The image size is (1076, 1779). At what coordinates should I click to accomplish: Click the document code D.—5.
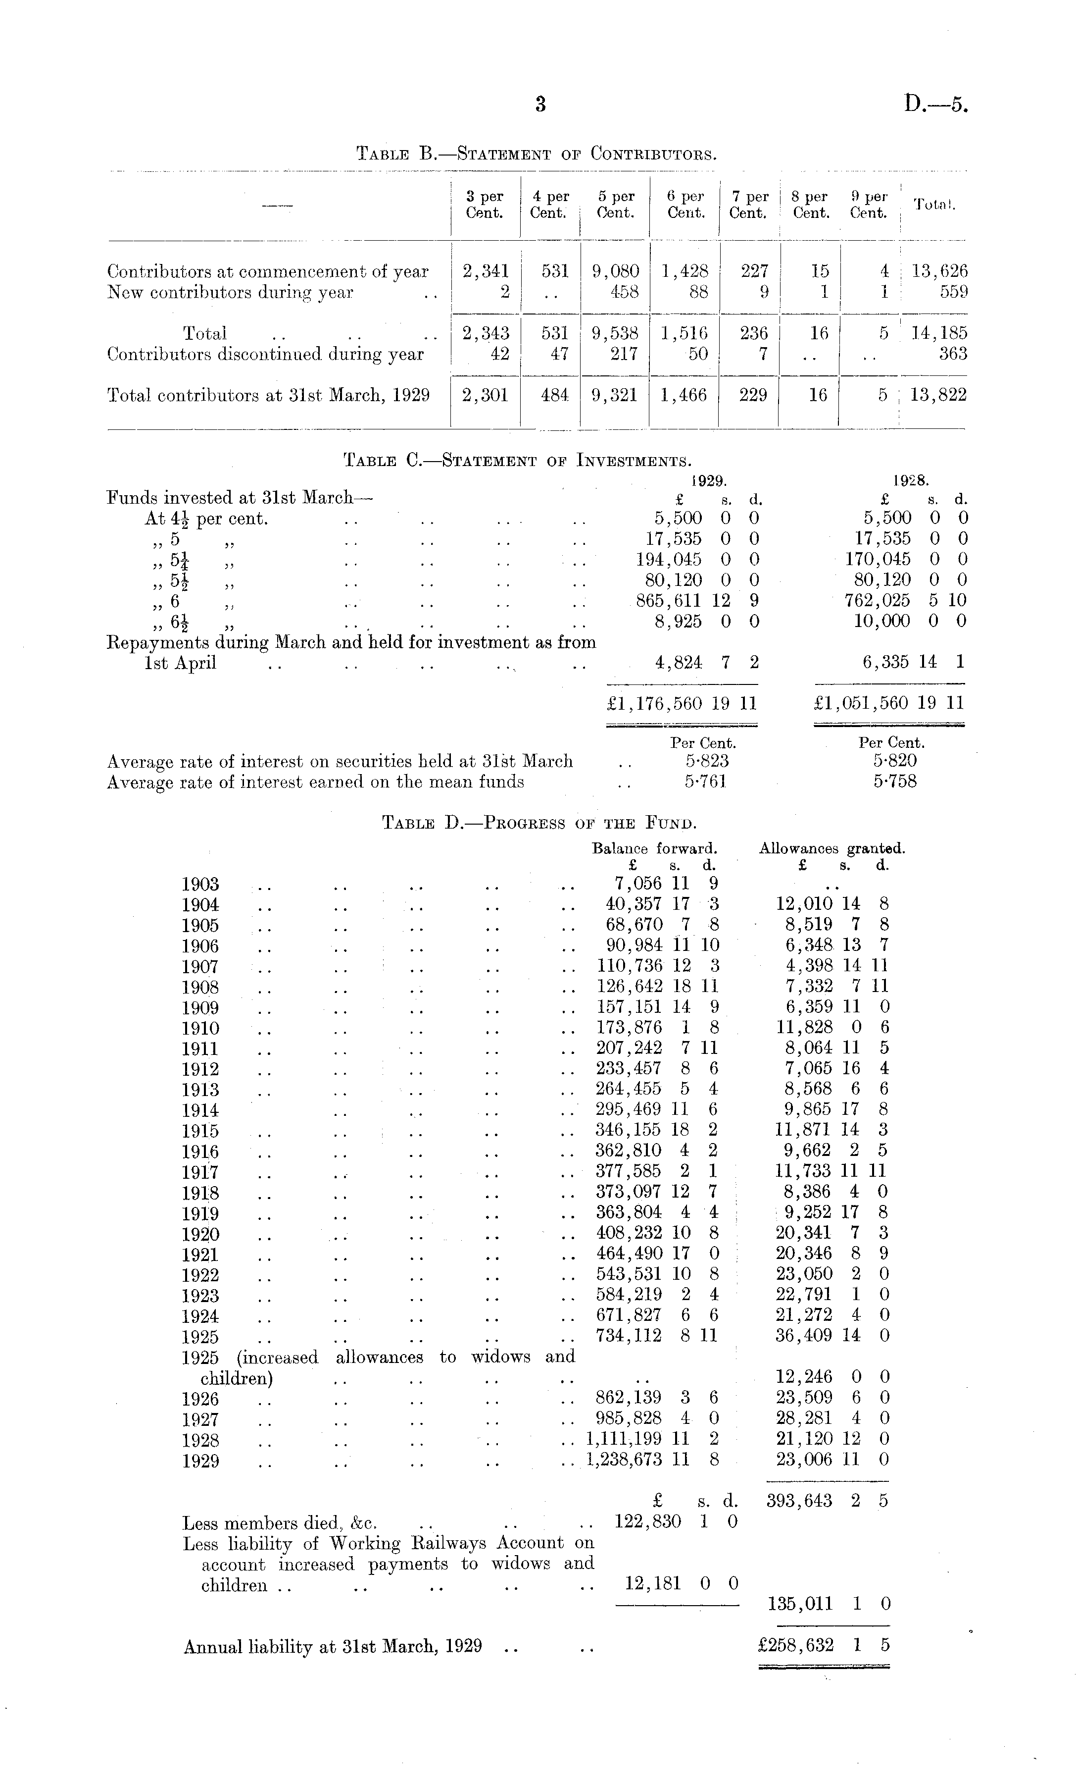(x=935, y=105)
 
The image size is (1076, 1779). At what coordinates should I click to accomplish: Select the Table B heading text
(x=537, y=154)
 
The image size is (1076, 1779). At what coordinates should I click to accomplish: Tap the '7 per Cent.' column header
(x=748, y=205)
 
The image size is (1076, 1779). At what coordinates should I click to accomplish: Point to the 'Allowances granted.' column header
(x=831, y=849)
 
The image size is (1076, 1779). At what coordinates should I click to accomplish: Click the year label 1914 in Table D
(x=200, y=1110)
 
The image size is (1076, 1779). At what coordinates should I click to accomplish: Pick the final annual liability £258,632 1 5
(x=823, y=1645)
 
